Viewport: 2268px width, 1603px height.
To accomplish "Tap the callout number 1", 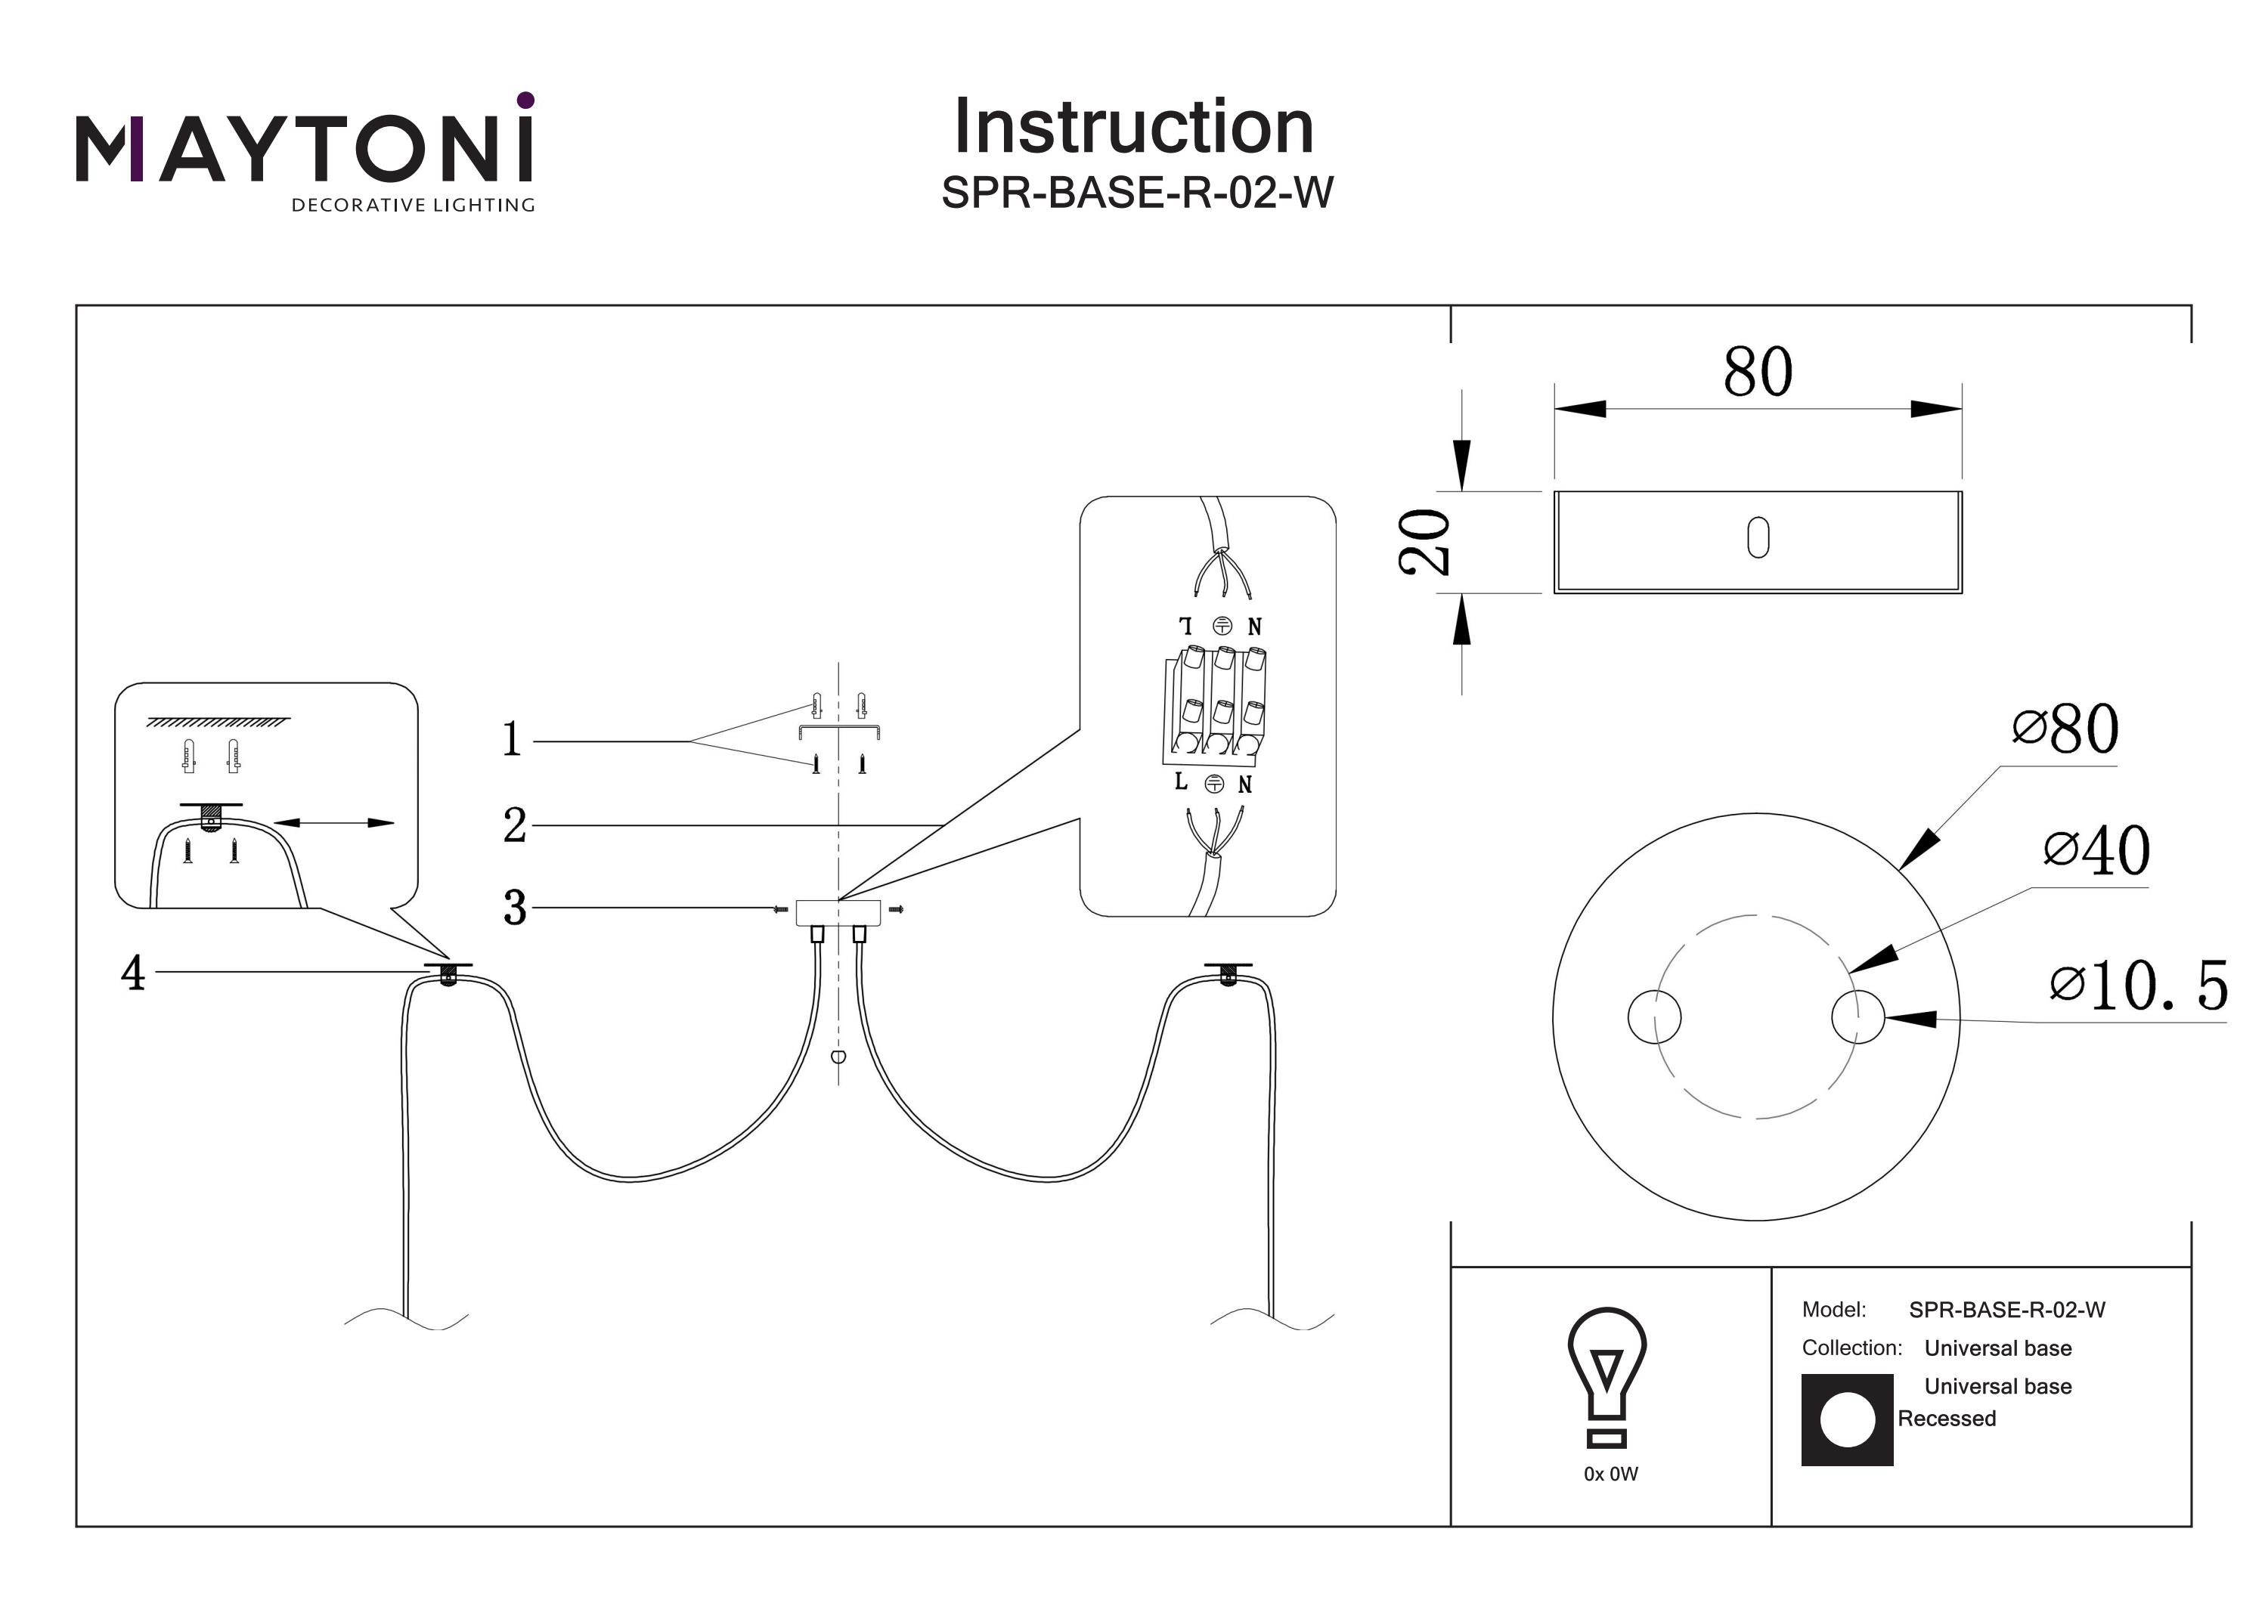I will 512,739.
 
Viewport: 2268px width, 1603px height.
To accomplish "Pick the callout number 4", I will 133,973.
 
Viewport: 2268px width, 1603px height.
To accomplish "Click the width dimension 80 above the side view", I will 1757,373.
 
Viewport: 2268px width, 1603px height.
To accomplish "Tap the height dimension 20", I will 1424,541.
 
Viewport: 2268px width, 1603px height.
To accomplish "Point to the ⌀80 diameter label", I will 2065,729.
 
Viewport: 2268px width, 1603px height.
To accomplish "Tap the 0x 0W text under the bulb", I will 1610,1474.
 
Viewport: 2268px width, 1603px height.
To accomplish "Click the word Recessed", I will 1946,1419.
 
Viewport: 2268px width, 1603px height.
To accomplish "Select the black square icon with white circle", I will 1846,1419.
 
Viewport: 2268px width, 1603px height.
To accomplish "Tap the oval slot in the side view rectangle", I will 1757,538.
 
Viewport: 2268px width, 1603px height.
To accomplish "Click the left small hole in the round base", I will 1653,1017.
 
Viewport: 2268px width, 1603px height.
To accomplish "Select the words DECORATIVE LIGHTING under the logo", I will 413,206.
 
